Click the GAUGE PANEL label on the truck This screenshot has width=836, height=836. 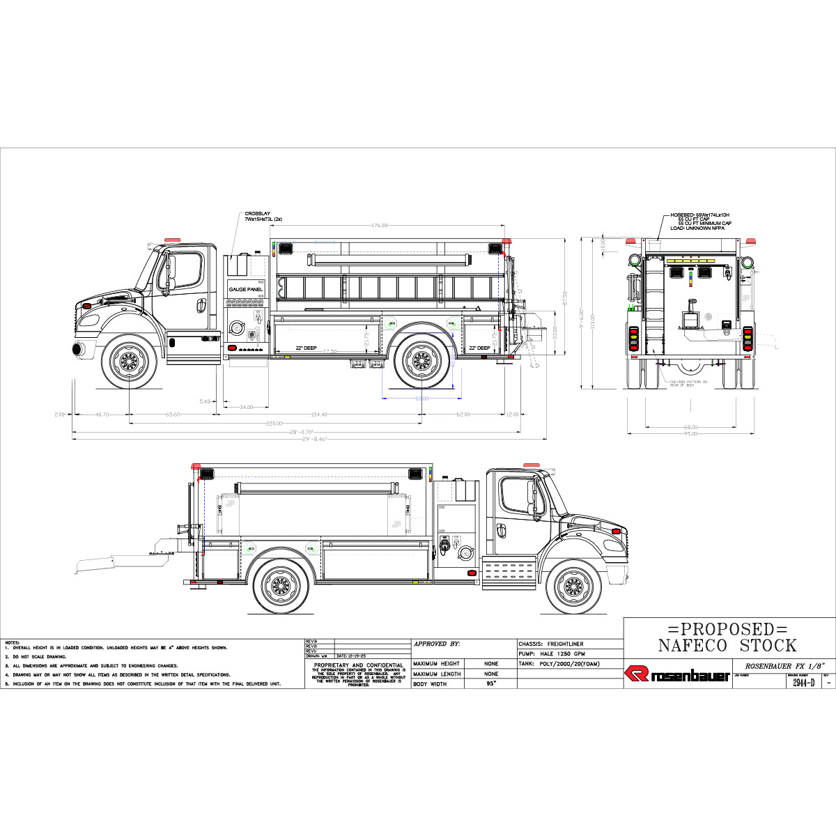click(246, 288)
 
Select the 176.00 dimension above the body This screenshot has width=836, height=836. click(379, 226)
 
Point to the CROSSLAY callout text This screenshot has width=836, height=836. click(263, 216)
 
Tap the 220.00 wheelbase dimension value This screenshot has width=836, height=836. click(273, 424)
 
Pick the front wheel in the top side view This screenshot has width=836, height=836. click(129, 360)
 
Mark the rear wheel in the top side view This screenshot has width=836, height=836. click(421, 360)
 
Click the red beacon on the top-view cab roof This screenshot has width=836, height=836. click(171, 240)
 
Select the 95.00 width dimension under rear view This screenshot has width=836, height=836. click(690, 434)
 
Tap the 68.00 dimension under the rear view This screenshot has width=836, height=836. click(690, 427)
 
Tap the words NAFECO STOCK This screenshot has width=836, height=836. click(727, 645)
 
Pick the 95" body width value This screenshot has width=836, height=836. click(491, 684)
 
